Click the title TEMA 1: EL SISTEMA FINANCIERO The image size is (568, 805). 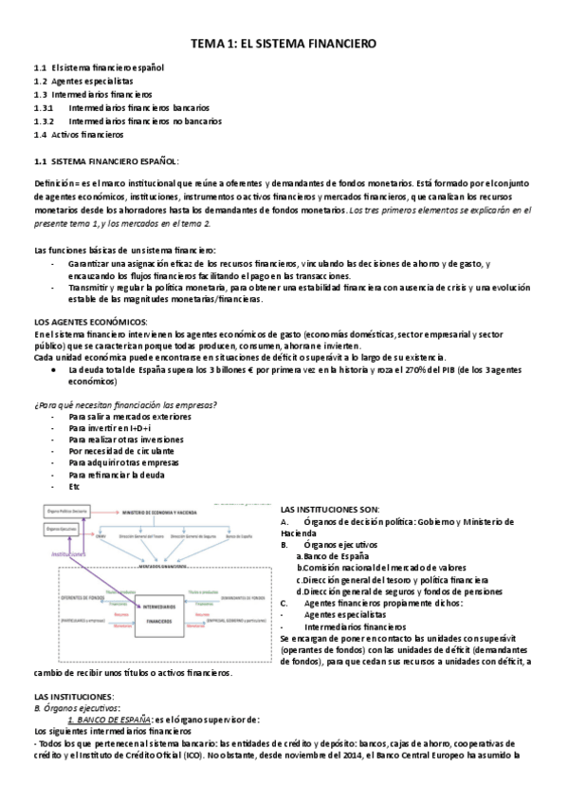284,44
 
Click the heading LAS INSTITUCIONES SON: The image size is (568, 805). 330,511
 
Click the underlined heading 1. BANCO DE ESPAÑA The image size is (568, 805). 112,721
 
